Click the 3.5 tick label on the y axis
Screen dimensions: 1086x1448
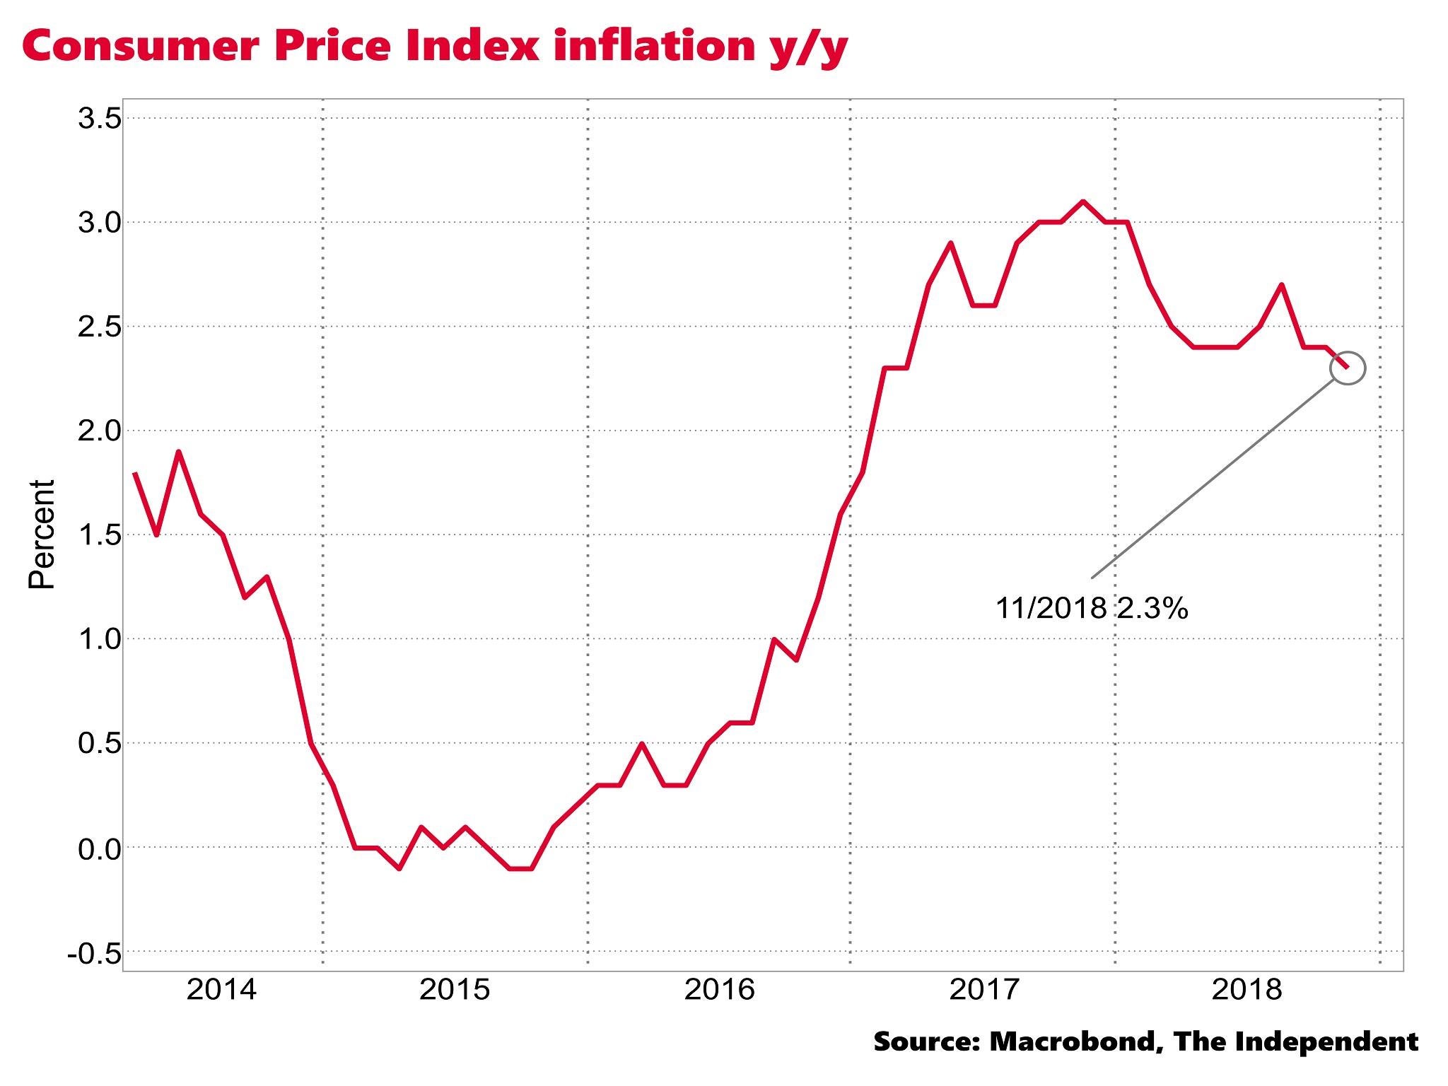99,119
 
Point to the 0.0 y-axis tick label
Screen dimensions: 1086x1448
99,848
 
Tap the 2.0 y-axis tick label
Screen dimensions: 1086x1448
99,431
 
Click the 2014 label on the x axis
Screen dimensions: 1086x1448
221,990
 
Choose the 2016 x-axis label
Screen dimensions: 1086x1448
719,990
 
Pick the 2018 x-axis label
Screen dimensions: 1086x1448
1246,990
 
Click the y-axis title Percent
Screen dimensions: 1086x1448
42,535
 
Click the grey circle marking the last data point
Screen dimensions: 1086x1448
1347,368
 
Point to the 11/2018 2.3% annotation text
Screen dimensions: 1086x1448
1092,608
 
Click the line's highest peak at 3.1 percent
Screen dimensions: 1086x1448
1082,202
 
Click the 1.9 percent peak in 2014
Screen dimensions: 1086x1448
179,452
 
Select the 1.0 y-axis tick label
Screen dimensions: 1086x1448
99,640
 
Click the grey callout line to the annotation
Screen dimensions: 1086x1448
1212,481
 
